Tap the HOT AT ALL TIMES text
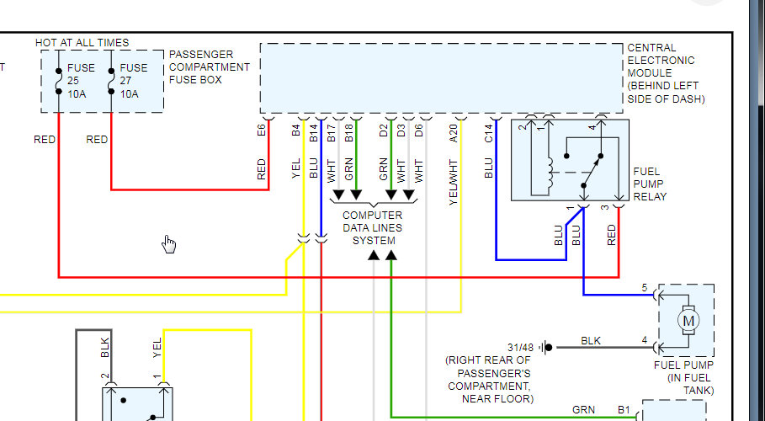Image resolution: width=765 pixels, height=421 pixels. [82, 42]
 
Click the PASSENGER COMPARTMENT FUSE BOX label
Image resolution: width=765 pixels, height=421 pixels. [210, 67]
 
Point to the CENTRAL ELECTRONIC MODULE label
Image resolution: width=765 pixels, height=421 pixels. [666, 73]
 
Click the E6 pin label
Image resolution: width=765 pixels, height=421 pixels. [262, 131]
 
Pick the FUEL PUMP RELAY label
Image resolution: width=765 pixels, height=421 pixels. [650, 184]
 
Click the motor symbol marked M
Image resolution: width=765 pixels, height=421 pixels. [688, 320]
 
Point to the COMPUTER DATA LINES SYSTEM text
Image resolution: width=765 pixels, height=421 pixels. [372, 227]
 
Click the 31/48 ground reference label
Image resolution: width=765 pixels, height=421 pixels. [521, 347]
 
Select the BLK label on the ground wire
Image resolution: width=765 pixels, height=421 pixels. [592, 341]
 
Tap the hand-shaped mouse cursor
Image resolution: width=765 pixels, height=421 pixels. [169, 244]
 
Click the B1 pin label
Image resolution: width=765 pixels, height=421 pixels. [624, 410]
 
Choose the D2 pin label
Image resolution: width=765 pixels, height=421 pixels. [384, 131]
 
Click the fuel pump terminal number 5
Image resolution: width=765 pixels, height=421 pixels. [645, 289]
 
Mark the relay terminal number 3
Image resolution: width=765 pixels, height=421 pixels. [604, 208]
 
